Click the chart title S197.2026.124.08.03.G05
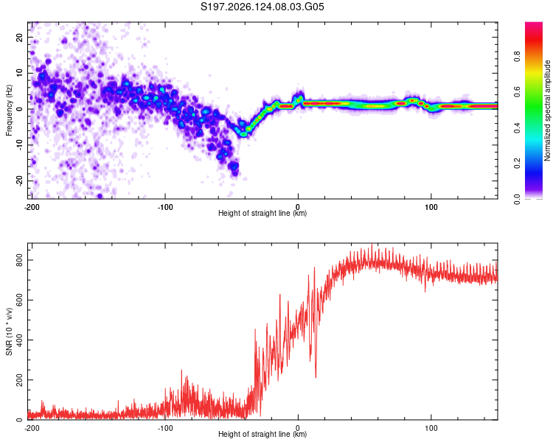click(262, 7)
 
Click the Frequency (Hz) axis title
click(9, 110)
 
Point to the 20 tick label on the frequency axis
click(19, 38)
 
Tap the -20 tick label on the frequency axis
click(19, 180)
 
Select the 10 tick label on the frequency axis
click(19, 73)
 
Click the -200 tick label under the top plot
click(32, 207)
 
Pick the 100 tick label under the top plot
click(431, 207)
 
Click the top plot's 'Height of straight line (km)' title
click(262, 213)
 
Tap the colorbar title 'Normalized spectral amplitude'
click(547, 110)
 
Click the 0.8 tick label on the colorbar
click(517, 57)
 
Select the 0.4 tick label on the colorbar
click(517, 128)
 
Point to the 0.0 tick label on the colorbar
click(517, 199)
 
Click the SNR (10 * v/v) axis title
click(9, 331)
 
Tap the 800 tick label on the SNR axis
click(19, 260)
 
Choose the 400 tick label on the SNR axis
click(19, 340)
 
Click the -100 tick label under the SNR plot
click(164, 428)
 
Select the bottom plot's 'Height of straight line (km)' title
click(262, 434)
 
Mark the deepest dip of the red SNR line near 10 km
click(316, 377)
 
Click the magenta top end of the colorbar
click(534, 24)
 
